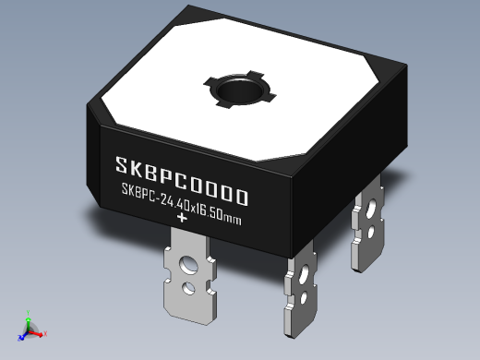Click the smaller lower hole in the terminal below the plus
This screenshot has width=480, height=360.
pyautogui.click(x=189, y=289)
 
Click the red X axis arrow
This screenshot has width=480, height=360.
pyautogui.click(x=42, y=331)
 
